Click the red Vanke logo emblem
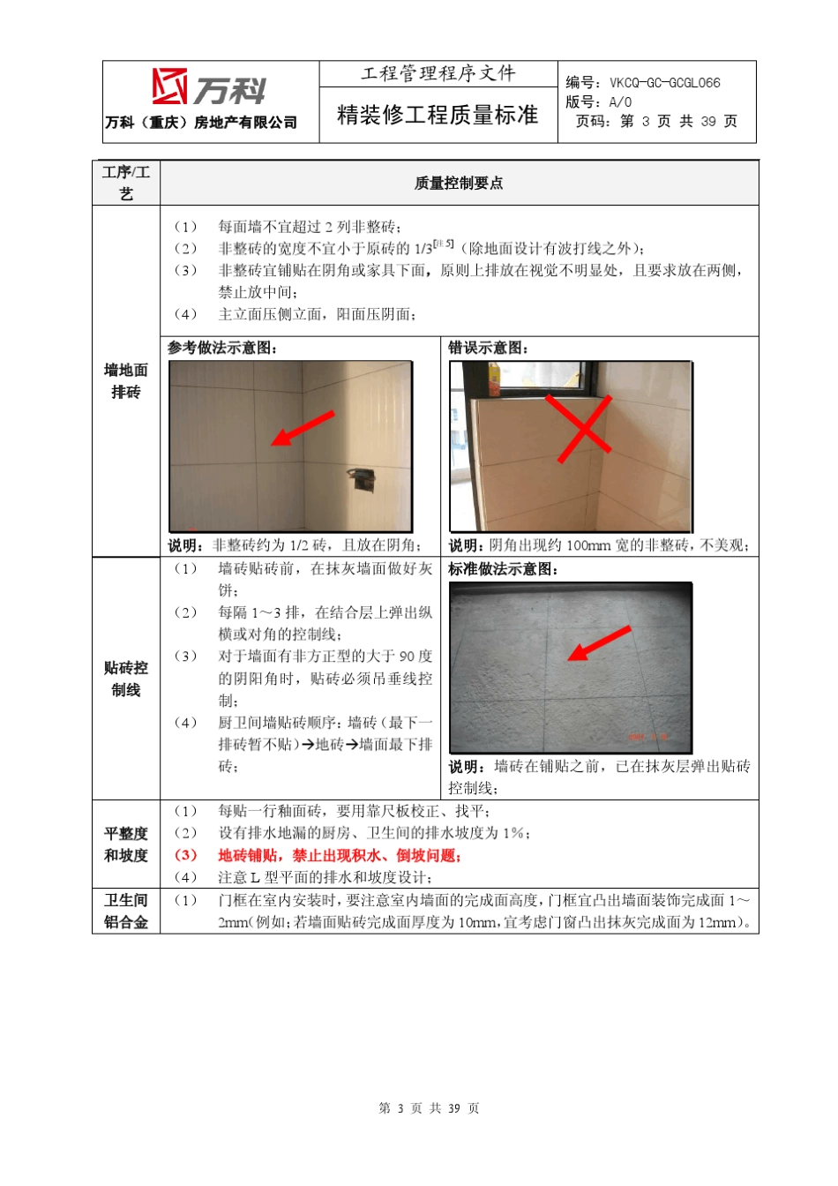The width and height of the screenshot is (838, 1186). [x=169, y=86]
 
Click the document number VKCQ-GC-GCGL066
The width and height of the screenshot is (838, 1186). [x=664, y=83]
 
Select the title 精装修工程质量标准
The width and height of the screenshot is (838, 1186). [x=438, y=115]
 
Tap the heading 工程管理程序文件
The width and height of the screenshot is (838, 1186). [x=438, y=73]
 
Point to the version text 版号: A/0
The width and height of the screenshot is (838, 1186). [x=599, y=102]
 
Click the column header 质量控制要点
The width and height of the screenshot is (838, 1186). [x=459, y=183]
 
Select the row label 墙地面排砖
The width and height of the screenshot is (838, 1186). [x=126, y=380]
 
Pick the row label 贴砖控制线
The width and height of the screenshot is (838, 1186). [x=126, y=679]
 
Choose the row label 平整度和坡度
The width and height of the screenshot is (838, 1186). [x=126, y=844]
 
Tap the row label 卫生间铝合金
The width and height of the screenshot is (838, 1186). [x=126, y=911]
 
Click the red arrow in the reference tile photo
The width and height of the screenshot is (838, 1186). [x=302, y=428]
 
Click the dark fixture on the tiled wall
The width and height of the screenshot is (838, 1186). [x=360, y=477]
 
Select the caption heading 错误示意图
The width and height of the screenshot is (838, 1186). [x=488, y=348]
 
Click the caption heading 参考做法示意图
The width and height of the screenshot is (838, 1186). [x=222, y=348]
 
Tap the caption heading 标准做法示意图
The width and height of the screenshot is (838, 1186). [x=503, y=569]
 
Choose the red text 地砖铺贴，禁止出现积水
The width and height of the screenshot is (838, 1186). [x=340, y=855]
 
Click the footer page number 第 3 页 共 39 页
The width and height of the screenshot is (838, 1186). [x=429, y=1108]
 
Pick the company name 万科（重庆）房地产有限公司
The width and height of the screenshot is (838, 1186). [x=201, y=123]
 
